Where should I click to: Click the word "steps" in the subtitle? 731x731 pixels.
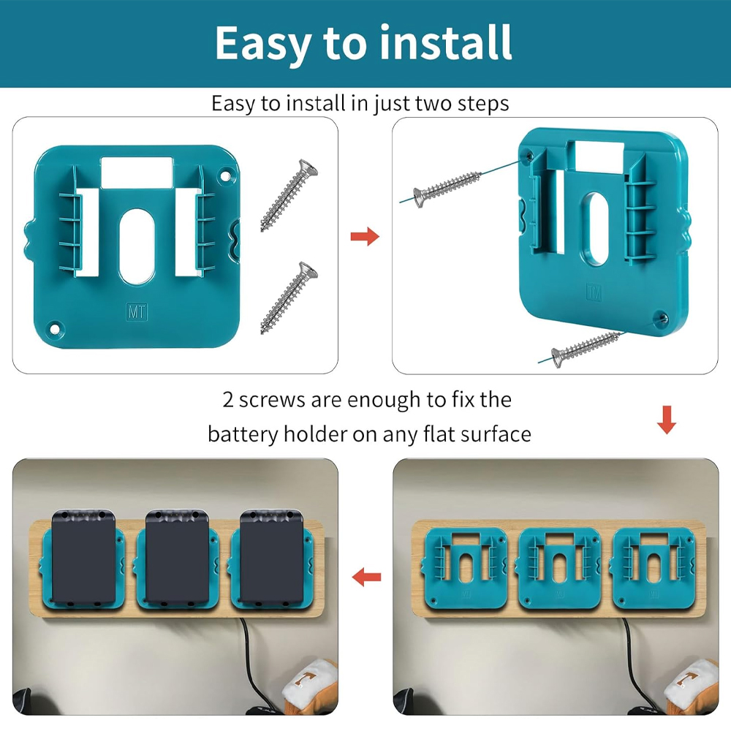(x=481, y=103)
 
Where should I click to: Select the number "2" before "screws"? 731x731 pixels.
(x=229, y=400)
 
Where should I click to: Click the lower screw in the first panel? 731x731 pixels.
(x=289, y=298)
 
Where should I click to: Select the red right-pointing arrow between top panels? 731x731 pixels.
(x=365, y=236)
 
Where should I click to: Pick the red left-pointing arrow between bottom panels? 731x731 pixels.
(x=365, y=578)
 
